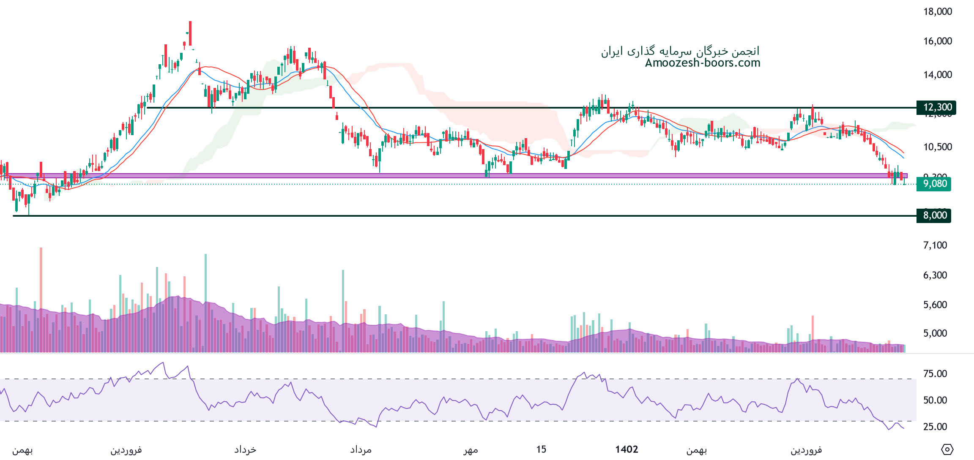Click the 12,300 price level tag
(936, 107)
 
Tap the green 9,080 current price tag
(934, 184)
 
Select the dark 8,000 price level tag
(934, 215)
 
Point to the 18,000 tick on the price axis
(937, 11)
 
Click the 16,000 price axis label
(937, 41)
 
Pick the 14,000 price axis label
(937, 75)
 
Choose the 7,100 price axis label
(935, 245)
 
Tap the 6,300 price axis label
(935, 275)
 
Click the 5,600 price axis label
(935, 305)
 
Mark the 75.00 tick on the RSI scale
(935, 373)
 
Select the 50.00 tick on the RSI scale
(935, 400)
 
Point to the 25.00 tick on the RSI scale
(935, 427)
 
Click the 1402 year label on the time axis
(627, 449)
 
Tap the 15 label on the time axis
(541, 449)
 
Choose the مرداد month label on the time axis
(361, 450)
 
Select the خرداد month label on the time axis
(245, 450)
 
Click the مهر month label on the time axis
(471, 450)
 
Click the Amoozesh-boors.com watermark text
(703, 63)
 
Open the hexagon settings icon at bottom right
(947, 449)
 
